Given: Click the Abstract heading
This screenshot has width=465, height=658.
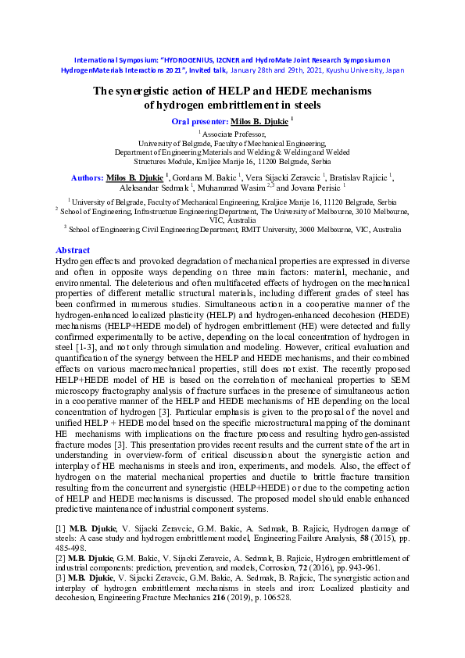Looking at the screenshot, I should (74, 250).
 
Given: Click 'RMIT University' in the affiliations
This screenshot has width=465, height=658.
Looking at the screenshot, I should (266, 231).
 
